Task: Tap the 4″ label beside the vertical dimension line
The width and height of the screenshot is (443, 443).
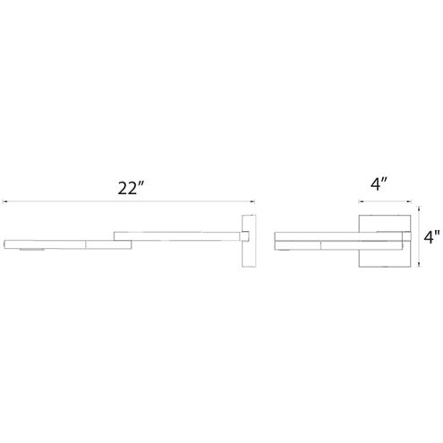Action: click(432, 238)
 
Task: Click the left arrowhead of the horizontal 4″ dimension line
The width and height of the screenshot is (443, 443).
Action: click(361, 200)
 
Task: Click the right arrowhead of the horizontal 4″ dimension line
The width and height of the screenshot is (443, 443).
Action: click(410, 200)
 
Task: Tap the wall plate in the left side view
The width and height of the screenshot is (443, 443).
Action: click(251, 239)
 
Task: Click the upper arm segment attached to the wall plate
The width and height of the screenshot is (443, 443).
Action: click(179, 234)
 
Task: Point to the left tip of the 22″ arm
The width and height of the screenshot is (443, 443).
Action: click(5, 243)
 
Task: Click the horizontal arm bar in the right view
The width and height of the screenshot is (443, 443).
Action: click(340, 240)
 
